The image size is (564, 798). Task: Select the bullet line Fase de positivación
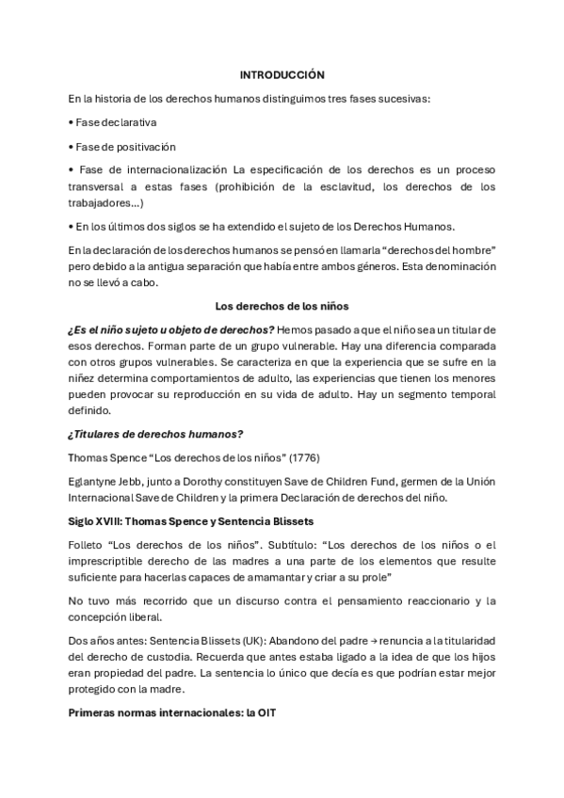coord(124,147)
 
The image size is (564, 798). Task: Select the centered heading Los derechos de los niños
coord(282,305)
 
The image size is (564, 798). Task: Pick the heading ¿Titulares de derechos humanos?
coord(156,433)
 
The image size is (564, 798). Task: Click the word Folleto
coord(89,544)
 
